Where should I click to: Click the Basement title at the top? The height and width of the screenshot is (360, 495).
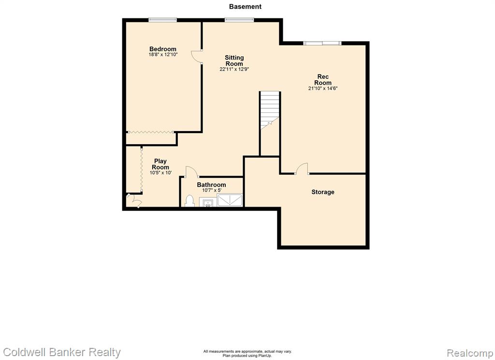[245, 6]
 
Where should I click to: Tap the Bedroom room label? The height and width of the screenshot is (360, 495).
[162, 49]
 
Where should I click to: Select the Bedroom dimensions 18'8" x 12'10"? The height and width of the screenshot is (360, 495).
[163, 54]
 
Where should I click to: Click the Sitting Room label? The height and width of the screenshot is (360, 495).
[234, 60]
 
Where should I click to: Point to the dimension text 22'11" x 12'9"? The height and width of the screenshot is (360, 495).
[234, 69]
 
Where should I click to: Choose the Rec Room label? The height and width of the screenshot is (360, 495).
[322, 80]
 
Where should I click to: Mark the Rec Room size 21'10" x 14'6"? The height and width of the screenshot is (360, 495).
[322, 88]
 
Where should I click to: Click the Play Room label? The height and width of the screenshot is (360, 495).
[160, 164]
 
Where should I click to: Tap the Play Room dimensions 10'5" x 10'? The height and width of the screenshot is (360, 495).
[160, 173]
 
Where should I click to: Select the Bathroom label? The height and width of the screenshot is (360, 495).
[211, 184]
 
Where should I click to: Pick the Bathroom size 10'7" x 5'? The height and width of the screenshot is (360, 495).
[212, 190]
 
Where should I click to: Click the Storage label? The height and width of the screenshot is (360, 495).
[322, 192]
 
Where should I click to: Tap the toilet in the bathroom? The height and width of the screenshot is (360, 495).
[189, 201]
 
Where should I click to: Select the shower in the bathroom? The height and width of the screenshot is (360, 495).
[230, 200]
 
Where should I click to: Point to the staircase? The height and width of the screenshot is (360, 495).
[270, 110]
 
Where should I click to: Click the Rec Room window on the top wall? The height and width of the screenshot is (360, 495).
[322, 43]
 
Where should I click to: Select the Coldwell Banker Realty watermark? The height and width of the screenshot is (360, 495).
[62, 352]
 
